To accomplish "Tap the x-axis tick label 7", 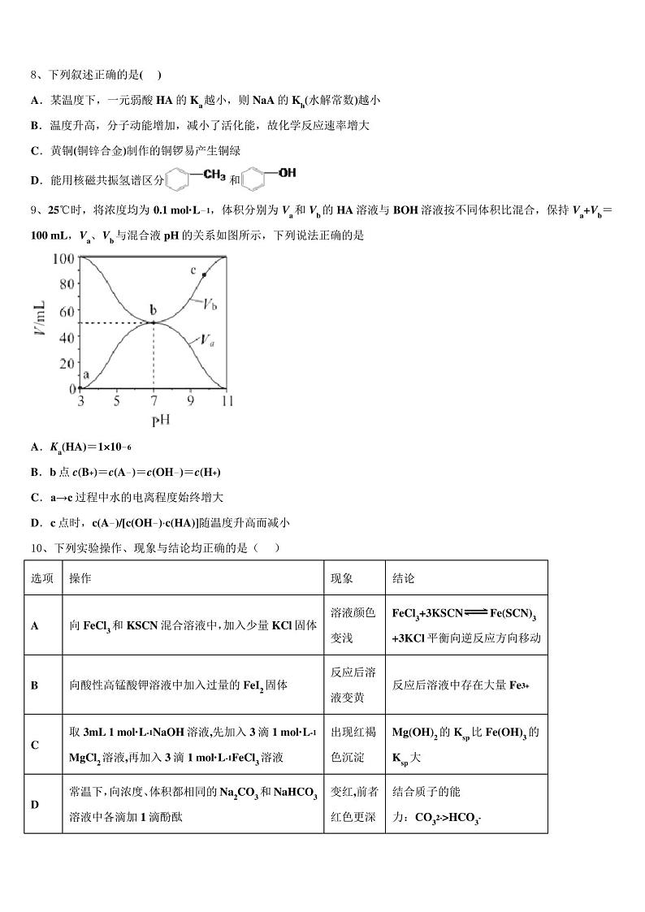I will pos(154,401).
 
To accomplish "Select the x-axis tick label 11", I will pos(227,401).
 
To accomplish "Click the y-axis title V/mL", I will pos(40,323).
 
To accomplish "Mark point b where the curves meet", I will pos(154,322).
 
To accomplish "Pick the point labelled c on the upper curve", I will pos(203,275).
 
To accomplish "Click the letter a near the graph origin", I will pos(87,374).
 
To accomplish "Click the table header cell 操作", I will pos(80,578).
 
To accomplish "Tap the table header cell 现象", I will pos(341,578).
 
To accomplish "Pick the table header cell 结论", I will pos(404,578).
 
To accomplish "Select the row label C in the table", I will pos(35,745).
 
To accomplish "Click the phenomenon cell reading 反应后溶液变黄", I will pos(353,685).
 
